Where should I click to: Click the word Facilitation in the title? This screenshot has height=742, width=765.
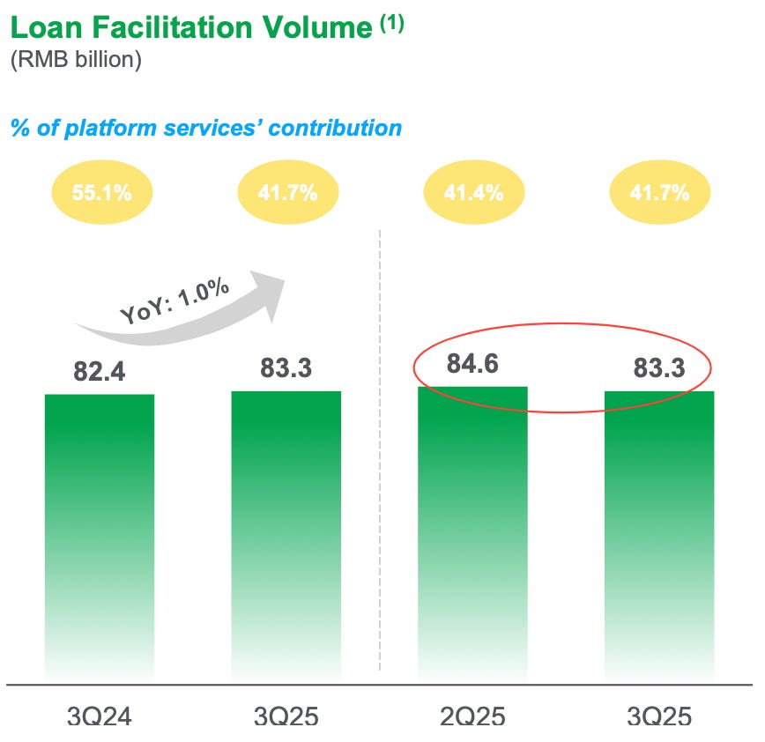coord(165,28)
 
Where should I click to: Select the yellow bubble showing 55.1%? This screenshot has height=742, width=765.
coord(101,193)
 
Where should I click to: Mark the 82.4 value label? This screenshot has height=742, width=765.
coord(100,371)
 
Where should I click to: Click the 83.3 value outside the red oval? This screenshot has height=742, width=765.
coord(286,367)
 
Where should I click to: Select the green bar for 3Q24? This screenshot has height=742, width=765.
coord(100,529)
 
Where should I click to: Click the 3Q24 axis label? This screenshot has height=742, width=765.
coord(100,716)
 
